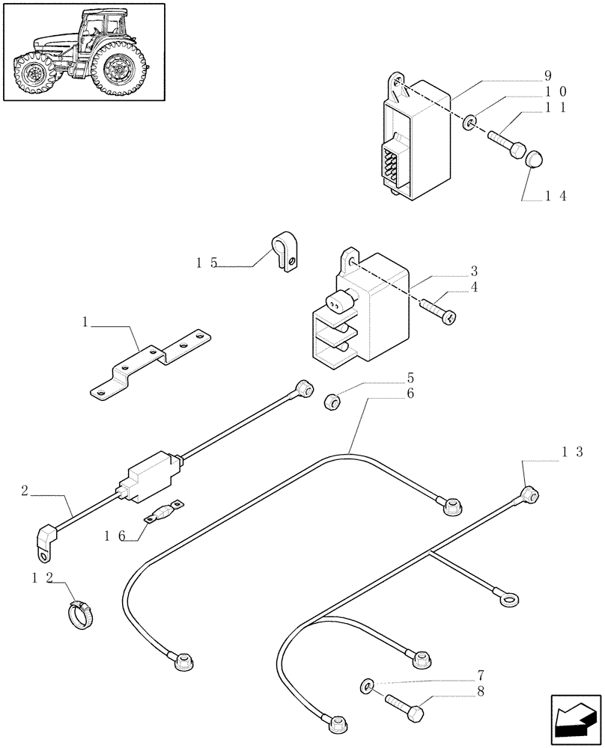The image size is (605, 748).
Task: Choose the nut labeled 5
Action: pyautogui.click(x=330, y=402)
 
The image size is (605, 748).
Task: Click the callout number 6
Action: pyautogui.click(x=410, y=393)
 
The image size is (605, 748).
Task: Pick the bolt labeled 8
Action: pyautogui.click(x=405, y=703)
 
